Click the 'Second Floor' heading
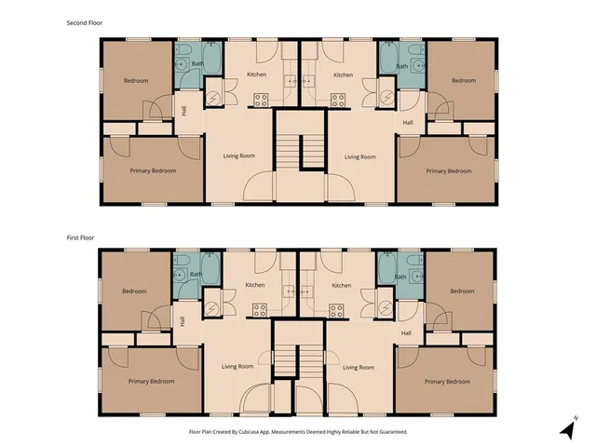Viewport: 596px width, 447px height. (84, 21)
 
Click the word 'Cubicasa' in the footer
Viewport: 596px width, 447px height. (254, 432)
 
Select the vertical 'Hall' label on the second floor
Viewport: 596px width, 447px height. (183, 111)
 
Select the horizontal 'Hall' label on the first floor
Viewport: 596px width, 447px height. (407, 332)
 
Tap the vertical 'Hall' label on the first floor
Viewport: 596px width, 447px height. (183, 321)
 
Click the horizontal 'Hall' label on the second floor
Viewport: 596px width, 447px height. (407, 123)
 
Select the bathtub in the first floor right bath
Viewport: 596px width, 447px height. (388, 275)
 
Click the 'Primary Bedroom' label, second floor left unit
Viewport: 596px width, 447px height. (153, 170)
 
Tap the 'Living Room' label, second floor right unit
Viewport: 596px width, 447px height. (359, 156)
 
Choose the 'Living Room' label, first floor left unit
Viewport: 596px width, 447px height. (239, 367)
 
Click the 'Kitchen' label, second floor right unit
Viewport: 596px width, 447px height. (342, 74)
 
